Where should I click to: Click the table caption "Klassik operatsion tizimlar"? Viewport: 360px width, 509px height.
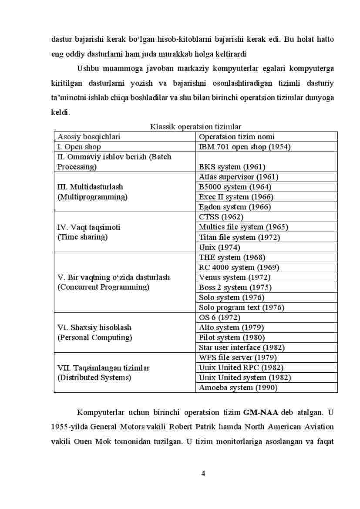[195, 127]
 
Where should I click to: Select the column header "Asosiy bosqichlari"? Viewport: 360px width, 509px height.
[89, 137]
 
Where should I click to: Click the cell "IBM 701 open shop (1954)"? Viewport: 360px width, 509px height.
[245, 147]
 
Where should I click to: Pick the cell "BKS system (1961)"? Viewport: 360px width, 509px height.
[232, 167]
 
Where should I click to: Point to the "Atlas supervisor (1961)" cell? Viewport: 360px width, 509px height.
[239, 177]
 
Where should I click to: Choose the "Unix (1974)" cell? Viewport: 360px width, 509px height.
[219, 247]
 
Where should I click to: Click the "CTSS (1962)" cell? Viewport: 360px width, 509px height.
[221, 217]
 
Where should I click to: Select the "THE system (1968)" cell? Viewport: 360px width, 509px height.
[232, 257]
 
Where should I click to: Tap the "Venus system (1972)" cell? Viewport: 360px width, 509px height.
[235, 277]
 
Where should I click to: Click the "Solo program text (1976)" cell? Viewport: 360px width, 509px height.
[242, 307]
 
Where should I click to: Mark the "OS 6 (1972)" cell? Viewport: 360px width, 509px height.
[219, 317]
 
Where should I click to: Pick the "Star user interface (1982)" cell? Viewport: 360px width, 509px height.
[242, 347]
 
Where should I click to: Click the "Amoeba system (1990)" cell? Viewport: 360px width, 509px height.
[238, 388]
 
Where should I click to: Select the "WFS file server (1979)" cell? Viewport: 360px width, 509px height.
[238, 357]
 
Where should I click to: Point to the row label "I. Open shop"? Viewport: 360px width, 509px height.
[79, 147]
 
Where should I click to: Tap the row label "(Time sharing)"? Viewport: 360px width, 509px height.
[82, 237]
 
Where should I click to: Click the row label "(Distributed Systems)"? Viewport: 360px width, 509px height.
[94, 378]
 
